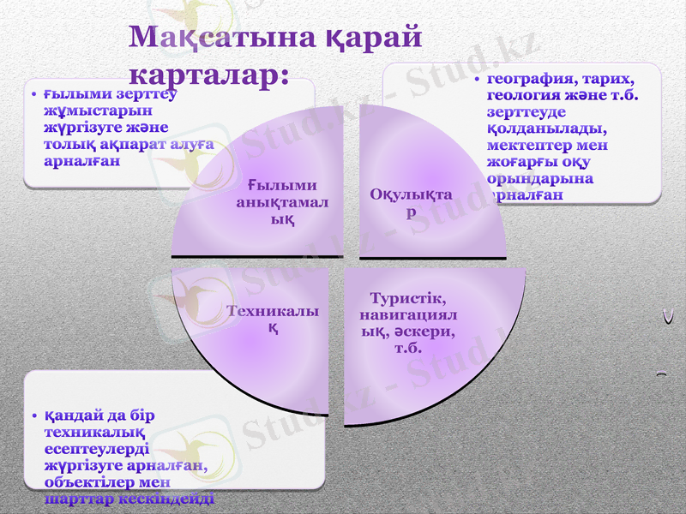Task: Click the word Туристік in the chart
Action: coord(407,299)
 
